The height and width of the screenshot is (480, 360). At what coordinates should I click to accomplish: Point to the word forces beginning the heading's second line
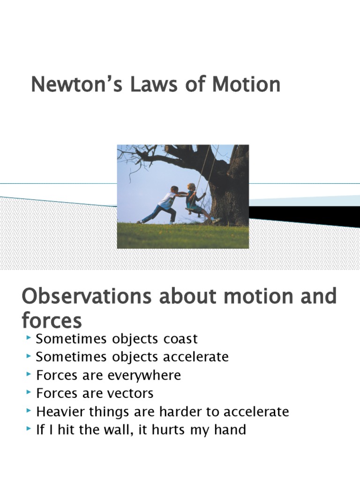pyautogui.click(x=52, y=322)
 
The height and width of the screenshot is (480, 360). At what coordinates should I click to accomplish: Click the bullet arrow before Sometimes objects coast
pyautogui.click(x=29, y=338)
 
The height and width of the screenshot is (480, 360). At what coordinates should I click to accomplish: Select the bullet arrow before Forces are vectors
pyautogui.click(x=29, y=392)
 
